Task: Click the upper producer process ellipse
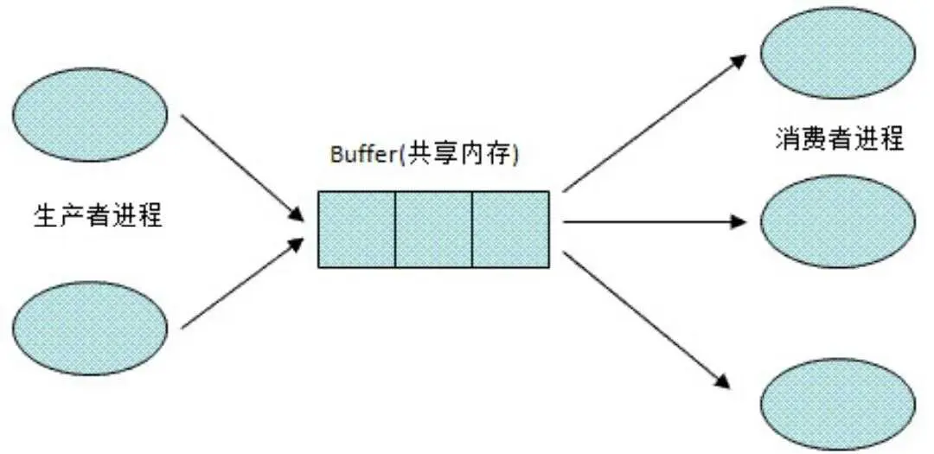click(x=90, y=114)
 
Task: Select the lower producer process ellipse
click(x=90, y=328)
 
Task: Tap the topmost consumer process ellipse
click(x=838, y=53)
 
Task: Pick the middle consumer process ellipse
click(x=838, y=221)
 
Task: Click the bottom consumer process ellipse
click(x=838, y=406)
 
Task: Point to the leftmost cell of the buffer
click(x=356, y=229)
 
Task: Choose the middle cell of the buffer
click(x=433, y=229)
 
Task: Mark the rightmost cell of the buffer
click(x=510, y=229)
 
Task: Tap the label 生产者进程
click(x=99, y=215)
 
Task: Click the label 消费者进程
click(x=839, y=139)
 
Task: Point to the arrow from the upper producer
click(x=242, y=168)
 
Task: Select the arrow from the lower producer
click(x=242, y=283)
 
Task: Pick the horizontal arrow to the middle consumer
click(x=654, y=222)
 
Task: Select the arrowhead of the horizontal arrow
click(x=739, y=222)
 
